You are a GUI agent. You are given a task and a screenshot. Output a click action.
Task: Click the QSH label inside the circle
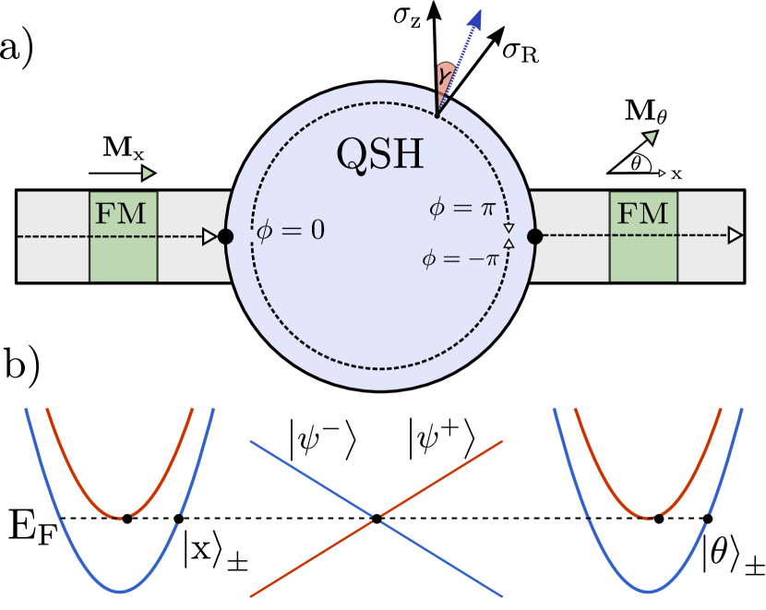(x=380, y=155)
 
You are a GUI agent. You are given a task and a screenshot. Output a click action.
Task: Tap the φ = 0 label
(x=291, y=231)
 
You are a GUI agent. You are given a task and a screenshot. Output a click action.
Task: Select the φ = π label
(x=462, y=209)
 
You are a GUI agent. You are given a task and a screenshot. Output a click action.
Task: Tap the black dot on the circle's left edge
(x=225, y=236)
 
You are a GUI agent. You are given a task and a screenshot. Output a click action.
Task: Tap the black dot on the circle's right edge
(x=534, y=236)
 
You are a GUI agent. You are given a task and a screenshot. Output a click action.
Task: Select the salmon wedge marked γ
(x=445, y=81)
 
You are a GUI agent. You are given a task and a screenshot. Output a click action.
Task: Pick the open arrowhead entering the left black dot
(x=209, y=236)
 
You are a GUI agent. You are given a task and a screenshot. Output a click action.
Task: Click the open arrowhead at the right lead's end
(x=735, y=235)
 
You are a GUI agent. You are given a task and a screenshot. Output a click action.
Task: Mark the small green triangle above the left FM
(x=148, y=173)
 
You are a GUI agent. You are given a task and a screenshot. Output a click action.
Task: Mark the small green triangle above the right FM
(x=651, y=138)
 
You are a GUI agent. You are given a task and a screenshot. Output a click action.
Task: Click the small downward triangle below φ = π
(x=509, y=227)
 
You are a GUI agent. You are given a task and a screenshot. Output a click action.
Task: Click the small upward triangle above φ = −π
(x=509, y=244)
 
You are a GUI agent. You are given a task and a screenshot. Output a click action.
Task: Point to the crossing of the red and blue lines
(x=376, y=519)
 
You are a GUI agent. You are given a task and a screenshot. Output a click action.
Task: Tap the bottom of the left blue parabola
(x=119, y=592)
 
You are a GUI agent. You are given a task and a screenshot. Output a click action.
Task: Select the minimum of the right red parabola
(x=649, y=518)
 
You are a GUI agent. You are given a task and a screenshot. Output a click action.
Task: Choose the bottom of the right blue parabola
(x=648, y=592)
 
